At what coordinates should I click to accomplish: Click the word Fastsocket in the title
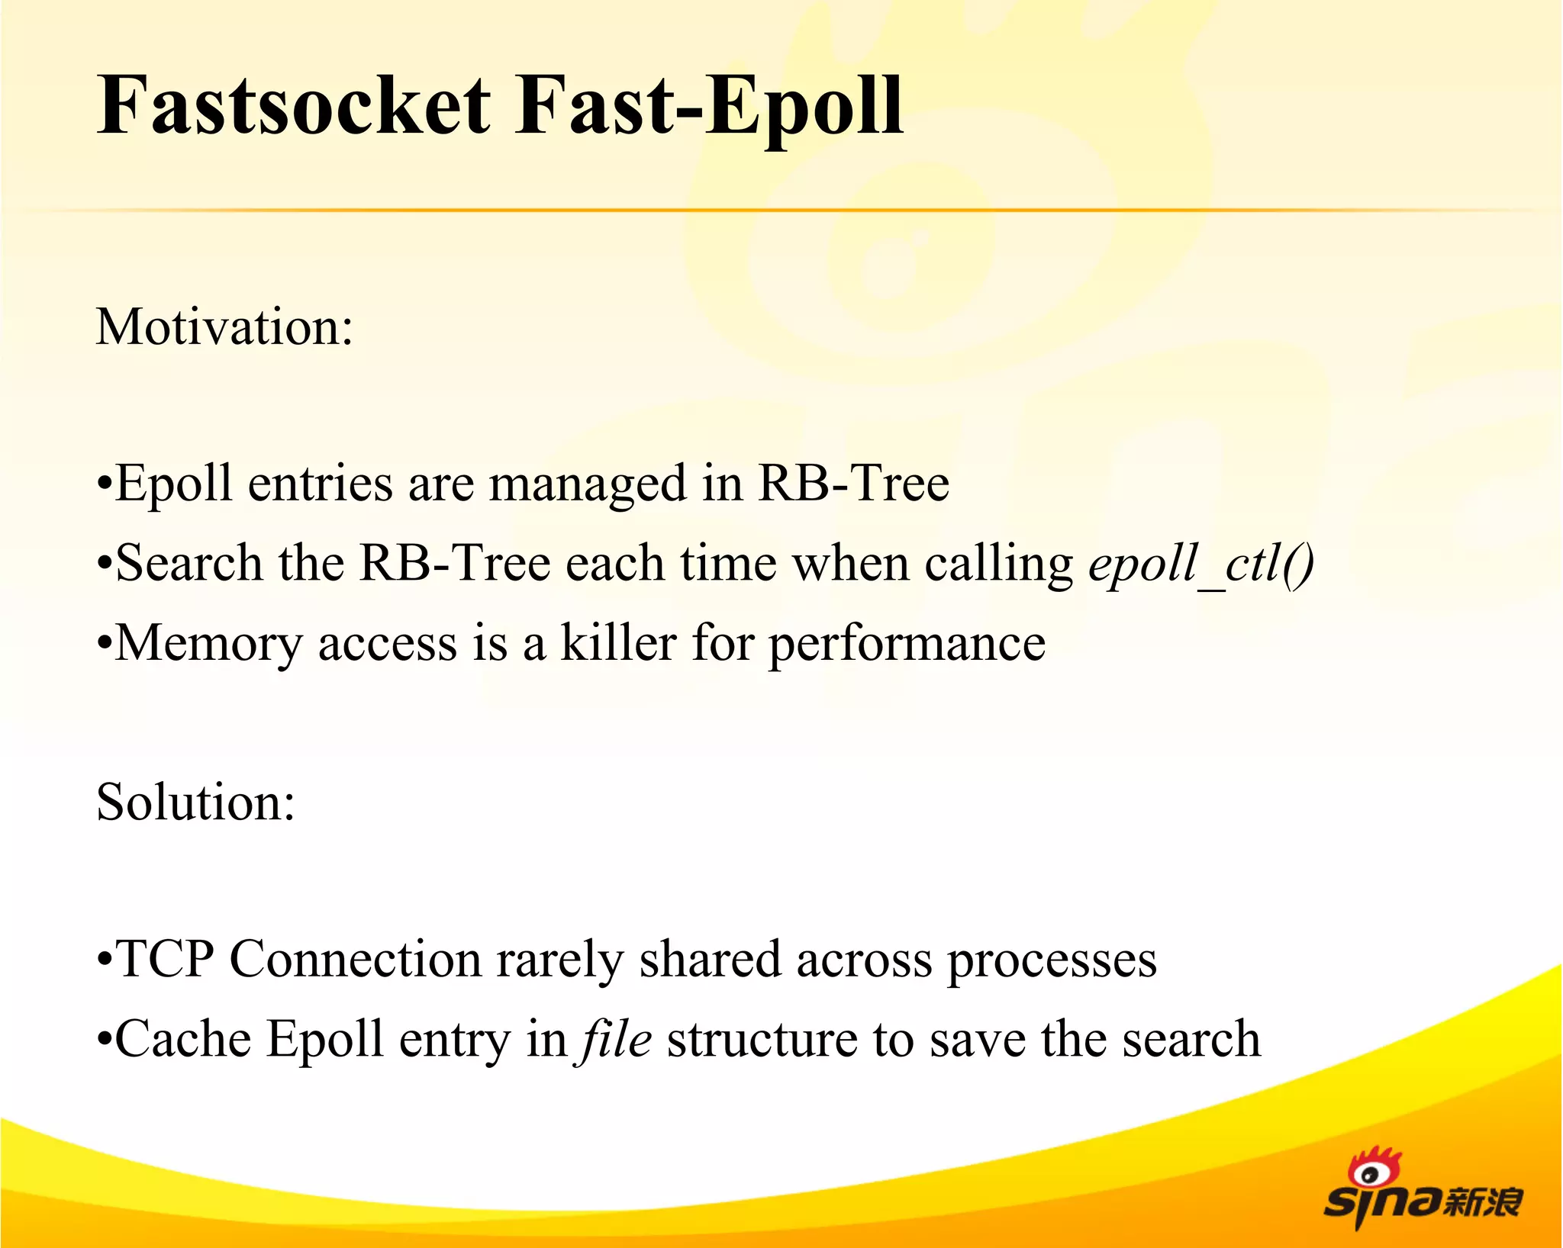pos(294,107)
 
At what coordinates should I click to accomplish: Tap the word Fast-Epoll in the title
pos(708,107)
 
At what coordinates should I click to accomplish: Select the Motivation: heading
pos(224,327)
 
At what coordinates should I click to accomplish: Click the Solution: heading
pos(195,803)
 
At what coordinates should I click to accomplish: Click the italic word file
pos(615,1039)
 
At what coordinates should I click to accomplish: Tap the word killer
pos(618,642)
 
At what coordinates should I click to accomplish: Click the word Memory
pos(208,644)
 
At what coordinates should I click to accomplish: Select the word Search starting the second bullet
pos(189,564)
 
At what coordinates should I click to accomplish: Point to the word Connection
pos(355,959)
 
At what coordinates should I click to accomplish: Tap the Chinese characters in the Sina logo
pos(1482,1202)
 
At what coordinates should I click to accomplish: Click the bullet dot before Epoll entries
pos(105,485)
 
